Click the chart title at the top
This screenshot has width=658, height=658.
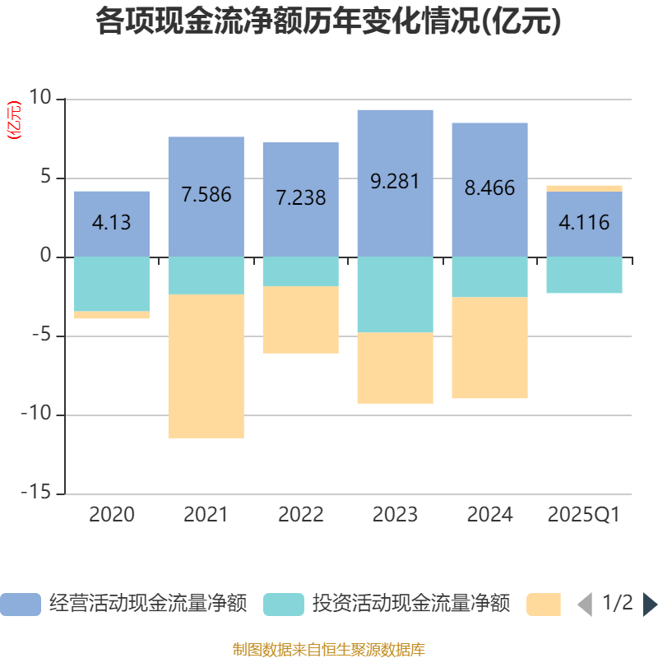328,22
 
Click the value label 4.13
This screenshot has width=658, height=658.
112,222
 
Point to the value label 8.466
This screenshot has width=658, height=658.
489,188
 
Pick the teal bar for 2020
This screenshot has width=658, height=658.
112,284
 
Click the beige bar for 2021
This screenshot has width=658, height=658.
206,366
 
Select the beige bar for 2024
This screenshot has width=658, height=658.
489,348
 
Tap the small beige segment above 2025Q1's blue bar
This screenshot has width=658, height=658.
584,188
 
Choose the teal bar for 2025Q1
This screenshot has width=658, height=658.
584,275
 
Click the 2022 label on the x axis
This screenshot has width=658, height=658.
301,515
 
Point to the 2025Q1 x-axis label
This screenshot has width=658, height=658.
584,515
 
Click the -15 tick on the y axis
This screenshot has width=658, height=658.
38,493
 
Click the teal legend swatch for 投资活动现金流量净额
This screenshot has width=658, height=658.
283,605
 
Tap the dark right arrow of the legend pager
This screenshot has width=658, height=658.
650,604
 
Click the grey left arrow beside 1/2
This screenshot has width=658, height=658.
585,605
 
